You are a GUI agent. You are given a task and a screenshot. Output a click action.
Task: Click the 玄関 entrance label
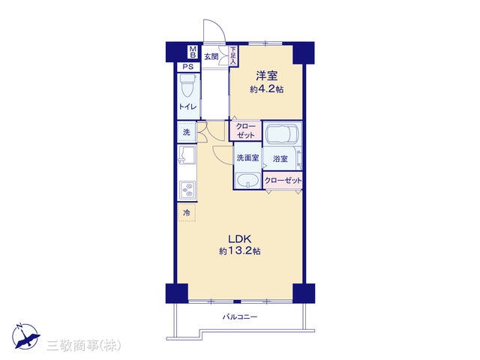click(x=211, y=57)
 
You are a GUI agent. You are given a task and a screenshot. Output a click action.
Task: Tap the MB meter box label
click(x=193, y=52)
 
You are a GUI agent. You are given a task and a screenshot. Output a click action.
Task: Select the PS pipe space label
click(x=188, y=67)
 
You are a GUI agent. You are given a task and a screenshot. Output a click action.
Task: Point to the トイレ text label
click(x=188, y=106)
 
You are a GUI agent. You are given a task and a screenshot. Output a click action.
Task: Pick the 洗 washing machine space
click(x=187, y=132)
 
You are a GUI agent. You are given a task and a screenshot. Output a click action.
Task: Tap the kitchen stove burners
click(x=187, y=190)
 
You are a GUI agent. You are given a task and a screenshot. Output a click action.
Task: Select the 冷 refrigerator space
click(x=187, y=212)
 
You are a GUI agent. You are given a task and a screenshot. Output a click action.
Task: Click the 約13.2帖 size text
click(x=240, y=251)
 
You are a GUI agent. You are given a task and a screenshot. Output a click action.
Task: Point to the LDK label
click(x=240, y=238)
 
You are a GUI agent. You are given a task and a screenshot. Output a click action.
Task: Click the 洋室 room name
click(x=267, y=76)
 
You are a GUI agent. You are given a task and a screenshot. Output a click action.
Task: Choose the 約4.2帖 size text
click(x=266, y=89)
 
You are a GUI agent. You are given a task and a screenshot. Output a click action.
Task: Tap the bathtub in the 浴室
click(x=282, y=133)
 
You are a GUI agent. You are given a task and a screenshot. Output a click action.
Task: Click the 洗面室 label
click(x=247, y=158)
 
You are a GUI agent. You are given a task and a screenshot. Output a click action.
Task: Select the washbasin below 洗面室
click(x=248, y=181)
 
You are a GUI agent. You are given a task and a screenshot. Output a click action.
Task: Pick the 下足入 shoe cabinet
click(x=233, y=55)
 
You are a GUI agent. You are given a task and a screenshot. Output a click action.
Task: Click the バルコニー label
click(x=240, y=316)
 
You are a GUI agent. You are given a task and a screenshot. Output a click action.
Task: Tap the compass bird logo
click(x=25, y=336)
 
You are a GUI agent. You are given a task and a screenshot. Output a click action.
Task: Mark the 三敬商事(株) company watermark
click(x=83, y=345)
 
